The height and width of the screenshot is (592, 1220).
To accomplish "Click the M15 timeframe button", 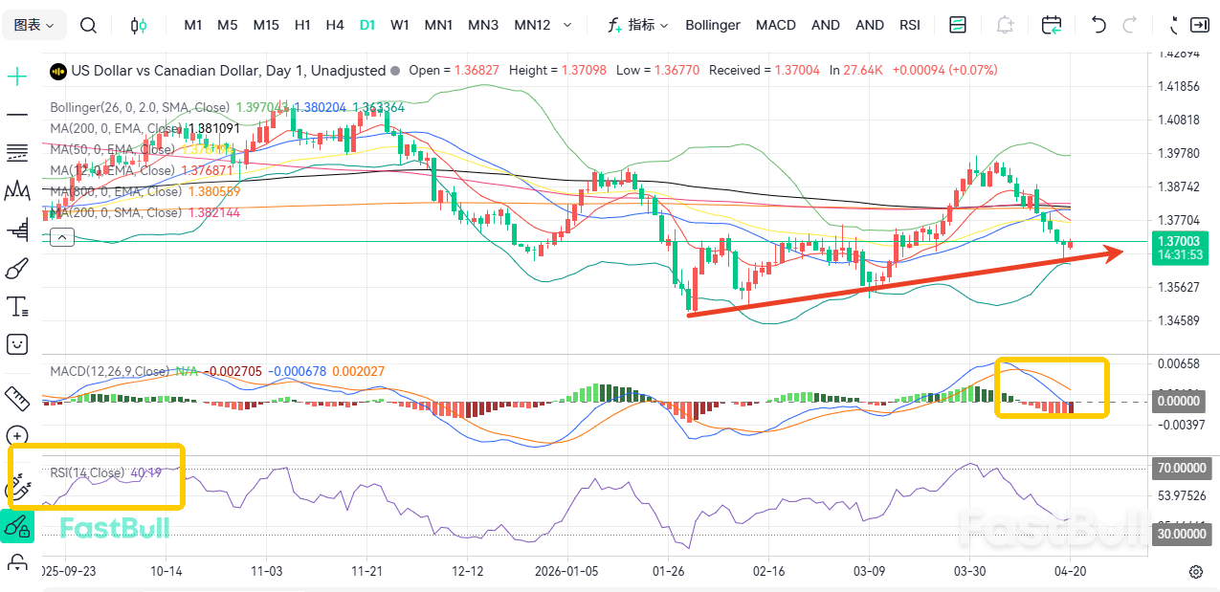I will point(266,25).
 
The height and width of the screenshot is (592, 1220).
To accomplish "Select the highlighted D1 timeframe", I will point(367,25).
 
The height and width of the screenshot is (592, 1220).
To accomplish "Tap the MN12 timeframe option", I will point(532,25).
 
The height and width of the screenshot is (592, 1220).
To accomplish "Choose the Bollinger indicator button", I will point(713,25).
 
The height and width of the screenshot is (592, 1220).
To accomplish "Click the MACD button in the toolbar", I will point(776,25).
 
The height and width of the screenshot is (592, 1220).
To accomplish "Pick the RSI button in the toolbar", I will point(910,25).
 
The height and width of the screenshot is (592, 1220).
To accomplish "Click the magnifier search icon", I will point(88,25).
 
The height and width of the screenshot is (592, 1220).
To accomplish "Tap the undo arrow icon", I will point(1098,25).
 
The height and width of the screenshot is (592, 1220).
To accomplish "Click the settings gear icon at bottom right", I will point(1195,572).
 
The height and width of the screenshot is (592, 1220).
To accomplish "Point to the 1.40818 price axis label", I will point(1178,120).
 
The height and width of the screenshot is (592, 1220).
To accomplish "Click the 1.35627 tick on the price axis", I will point(1178,287).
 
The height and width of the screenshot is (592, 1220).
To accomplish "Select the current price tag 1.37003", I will point(1178,242).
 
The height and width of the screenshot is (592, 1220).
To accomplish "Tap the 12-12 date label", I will point(467,571).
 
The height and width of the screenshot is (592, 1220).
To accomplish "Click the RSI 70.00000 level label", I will point(1182,469).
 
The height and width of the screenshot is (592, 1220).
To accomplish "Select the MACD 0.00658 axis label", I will point(1178,363).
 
